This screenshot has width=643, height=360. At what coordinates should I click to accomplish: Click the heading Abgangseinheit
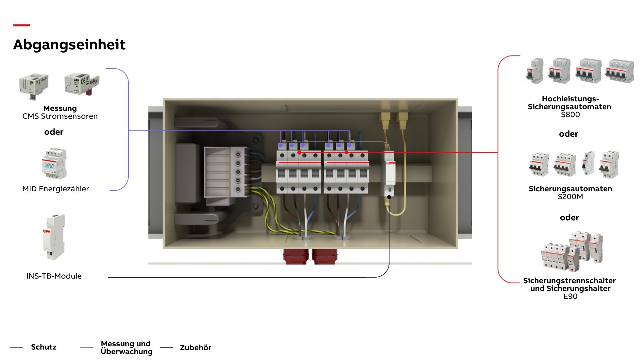[69, 44]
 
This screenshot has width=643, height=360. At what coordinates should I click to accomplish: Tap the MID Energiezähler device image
[54, 163]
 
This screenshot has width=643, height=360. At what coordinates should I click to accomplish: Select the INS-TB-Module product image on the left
[54, 236]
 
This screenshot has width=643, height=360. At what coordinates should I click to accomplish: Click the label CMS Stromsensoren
[60, 116]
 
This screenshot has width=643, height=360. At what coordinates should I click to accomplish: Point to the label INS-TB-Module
[54, 276]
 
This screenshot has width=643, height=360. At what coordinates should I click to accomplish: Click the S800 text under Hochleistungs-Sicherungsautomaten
[570, 114]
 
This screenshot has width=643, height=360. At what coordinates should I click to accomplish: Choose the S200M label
[570, 197]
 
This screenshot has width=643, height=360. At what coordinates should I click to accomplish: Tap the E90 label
[570, 296]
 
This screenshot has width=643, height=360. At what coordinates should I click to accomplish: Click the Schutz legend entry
[44, 347]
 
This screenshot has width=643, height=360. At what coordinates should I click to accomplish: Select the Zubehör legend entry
[195, 348]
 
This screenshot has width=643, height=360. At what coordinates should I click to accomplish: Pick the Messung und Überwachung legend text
[127, 348]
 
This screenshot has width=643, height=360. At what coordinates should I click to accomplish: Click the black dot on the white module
[389, 197]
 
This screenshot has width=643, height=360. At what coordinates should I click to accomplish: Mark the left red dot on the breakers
[299, 153]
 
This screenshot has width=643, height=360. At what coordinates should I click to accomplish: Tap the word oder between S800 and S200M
[568, 134]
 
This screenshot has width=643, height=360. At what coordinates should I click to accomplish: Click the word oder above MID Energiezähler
[54, 132]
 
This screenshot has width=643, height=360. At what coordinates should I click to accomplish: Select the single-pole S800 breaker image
[535, 71]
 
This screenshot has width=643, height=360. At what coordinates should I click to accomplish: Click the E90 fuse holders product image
[572, 251]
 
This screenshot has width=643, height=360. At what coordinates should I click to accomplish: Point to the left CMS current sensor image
[34, 86]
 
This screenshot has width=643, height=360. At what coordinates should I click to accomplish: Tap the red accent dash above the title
[22, 25]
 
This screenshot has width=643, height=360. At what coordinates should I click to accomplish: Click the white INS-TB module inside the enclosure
[389, 174]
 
